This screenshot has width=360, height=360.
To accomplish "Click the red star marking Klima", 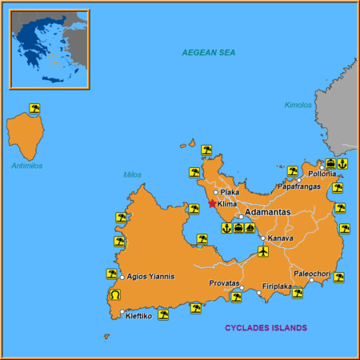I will coord(212,203).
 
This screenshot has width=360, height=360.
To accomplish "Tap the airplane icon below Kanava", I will coord(264,252).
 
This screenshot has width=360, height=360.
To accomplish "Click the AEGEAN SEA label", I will coord(210,53).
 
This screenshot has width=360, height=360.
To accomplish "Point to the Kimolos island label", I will coord(298,105).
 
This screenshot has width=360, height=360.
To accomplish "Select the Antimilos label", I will coord(26,166).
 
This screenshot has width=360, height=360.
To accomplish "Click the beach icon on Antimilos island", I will coord(34,108).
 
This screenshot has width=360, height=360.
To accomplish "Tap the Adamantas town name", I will coord(269,212).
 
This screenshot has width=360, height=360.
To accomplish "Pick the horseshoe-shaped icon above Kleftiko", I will coord(113,296).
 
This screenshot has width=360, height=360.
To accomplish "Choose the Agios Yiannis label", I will coord(150,277).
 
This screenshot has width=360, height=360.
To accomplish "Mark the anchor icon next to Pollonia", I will coord(342,164).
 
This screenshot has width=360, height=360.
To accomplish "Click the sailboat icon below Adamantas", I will coord(250,228).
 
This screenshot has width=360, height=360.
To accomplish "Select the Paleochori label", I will coord(312,273).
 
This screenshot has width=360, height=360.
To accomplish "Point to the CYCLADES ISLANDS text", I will coord(266,327).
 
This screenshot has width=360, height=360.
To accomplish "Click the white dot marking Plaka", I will coord(216,192).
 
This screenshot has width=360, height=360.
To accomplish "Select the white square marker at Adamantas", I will coord(240,217).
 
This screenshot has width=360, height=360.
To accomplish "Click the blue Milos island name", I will coord(132,174).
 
